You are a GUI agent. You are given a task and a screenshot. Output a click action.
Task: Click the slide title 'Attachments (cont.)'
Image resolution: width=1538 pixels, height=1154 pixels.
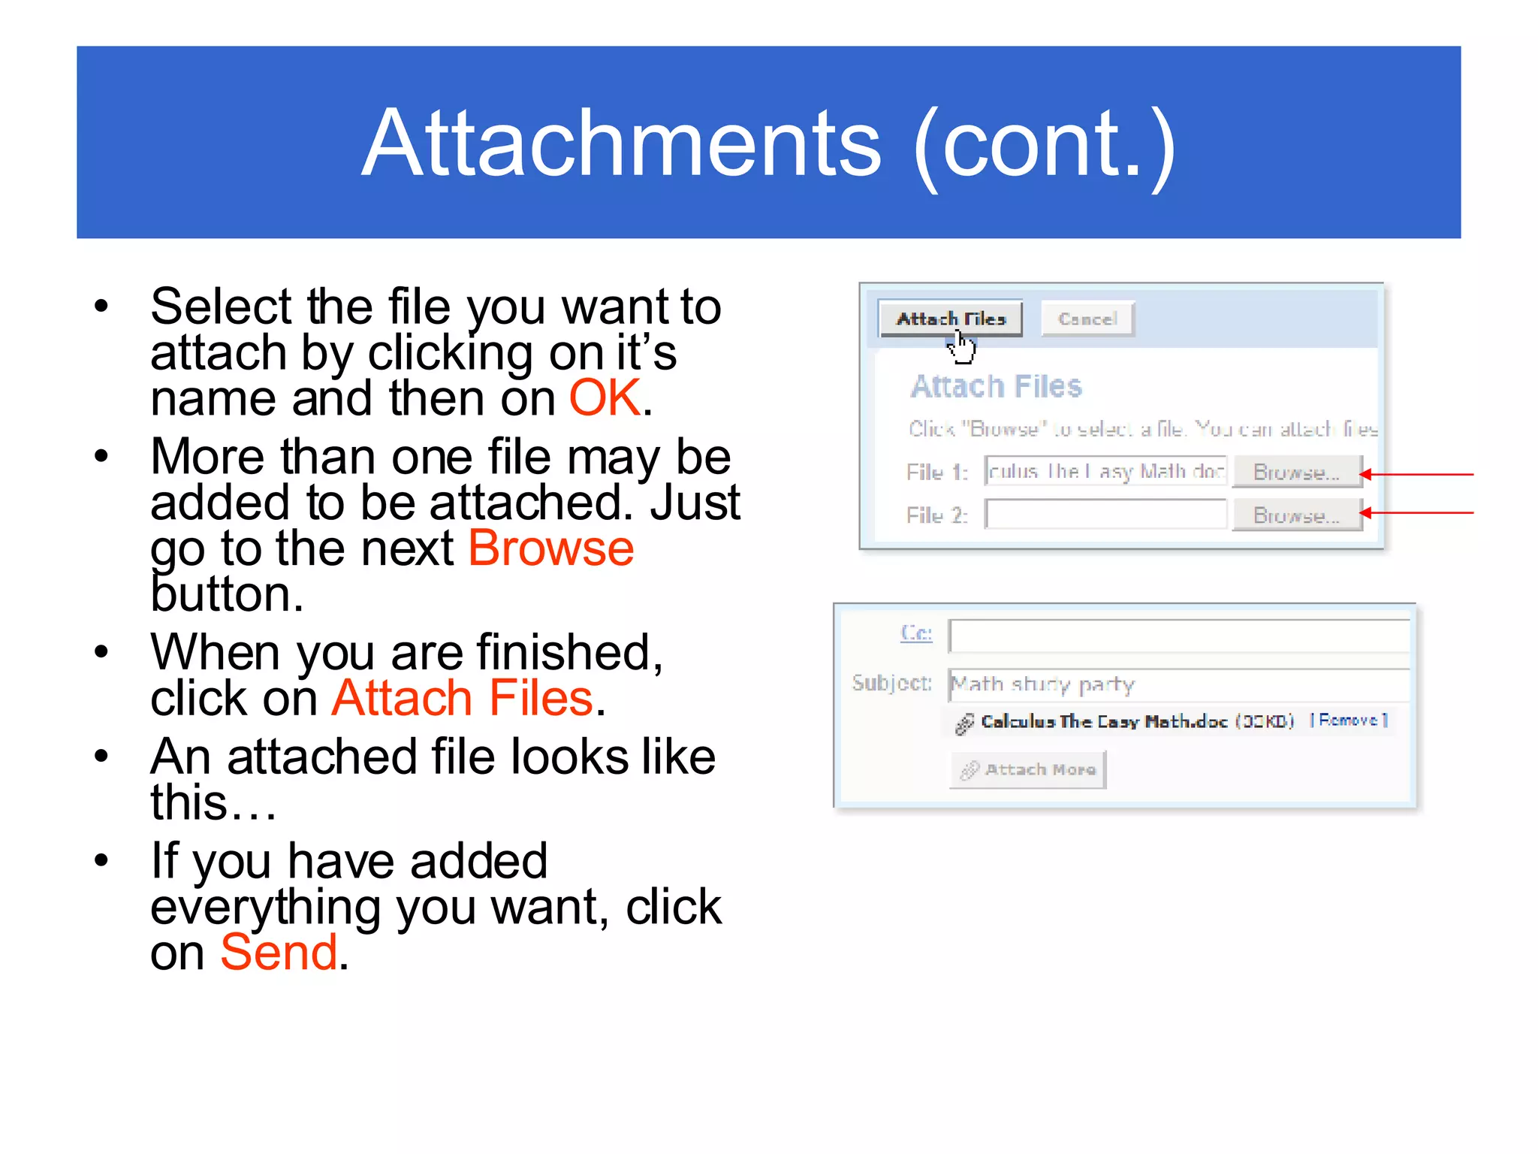[768, 143]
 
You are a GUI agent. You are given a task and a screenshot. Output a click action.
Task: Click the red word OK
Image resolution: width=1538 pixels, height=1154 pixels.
[605, 397]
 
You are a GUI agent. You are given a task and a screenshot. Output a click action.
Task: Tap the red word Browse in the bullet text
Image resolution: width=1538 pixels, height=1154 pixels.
[550, 548]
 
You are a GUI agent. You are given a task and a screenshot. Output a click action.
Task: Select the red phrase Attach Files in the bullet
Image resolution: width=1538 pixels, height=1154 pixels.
[463, 698]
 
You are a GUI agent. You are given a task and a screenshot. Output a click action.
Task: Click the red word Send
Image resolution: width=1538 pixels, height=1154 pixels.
[279, 952]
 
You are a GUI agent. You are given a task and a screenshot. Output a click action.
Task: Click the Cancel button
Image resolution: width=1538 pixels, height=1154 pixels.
[1087, 319]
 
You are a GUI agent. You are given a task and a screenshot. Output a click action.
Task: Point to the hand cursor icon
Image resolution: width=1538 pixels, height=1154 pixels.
[961, 347]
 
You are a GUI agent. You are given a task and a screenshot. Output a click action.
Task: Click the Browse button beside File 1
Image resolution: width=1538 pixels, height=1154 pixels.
[1296, 472]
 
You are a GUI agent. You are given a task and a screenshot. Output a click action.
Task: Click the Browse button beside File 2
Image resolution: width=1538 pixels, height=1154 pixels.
[1296, 515]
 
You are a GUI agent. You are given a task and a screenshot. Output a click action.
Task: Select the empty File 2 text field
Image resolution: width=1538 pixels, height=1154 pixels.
[1105, 515]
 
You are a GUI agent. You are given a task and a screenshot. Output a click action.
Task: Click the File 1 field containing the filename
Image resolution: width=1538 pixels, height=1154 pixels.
[1105, 471]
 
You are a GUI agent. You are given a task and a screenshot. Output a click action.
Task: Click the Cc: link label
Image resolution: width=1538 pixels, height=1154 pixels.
[916, 633]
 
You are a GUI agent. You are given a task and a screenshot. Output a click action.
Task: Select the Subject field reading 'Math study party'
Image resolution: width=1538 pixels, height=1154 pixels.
[1179, 684]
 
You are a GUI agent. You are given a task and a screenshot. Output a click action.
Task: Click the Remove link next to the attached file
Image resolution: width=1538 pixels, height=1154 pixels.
[1349, 720]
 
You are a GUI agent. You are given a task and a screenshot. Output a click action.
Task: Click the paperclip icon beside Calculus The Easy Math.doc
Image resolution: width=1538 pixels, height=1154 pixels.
[964, 724]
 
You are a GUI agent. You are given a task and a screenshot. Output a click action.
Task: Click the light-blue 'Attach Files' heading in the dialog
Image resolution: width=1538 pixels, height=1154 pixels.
[996, 387]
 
